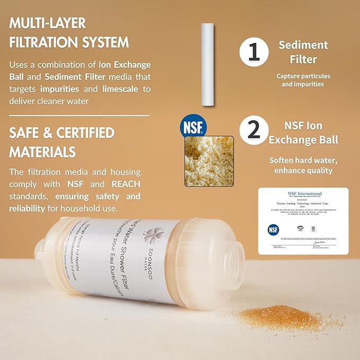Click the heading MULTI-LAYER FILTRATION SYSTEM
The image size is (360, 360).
[x=69, y=32]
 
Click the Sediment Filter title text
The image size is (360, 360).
[x=303, y=51]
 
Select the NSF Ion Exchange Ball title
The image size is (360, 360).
[x=303, y=133]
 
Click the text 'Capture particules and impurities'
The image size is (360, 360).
[x=303, y=80]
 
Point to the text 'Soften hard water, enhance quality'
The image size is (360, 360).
[x=303, y=165]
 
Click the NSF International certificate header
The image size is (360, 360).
[x=303, y=194]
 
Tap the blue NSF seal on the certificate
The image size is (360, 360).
[x=274, y=230]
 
